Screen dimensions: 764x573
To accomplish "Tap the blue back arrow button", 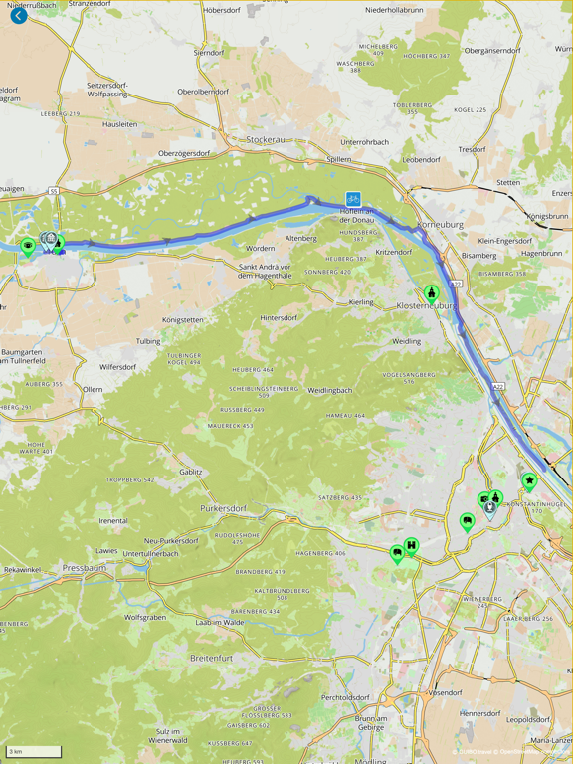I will tap(18, 16).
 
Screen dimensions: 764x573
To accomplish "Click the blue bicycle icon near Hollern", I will tap(353, 199).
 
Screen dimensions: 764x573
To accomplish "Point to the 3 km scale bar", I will tap(34, 752).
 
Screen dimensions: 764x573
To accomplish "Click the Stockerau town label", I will tap(266, 140).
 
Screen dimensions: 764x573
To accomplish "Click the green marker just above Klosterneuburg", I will tap(432, 292).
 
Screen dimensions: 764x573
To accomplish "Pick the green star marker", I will tap(529, 481).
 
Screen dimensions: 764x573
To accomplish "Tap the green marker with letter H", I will tap(411, 545).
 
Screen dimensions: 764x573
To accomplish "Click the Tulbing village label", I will tap(148, 341).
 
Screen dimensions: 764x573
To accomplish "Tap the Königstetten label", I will tap(183, 320).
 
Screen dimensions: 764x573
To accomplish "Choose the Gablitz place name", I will tap(191, 472).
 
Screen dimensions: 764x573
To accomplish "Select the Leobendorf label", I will tap(421, 159).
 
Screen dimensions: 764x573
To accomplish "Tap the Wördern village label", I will tap(261, 248).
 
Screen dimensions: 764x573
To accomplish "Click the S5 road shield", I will tap(54, 191).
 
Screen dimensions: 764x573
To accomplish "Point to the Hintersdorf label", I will tap(280, 318).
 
